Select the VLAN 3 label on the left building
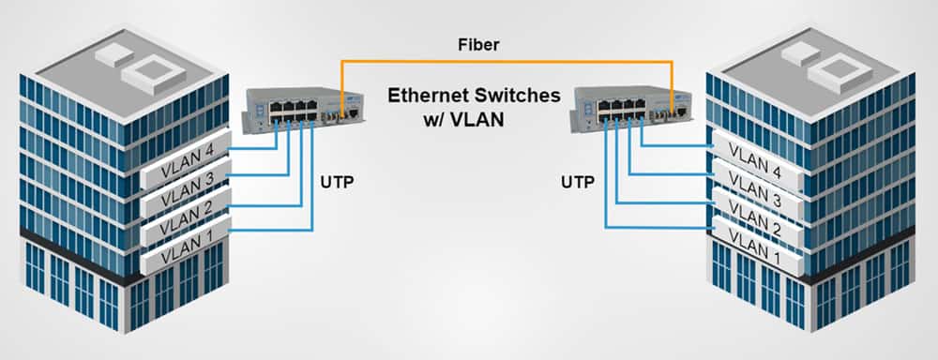184,199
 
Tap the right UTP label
579,181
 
